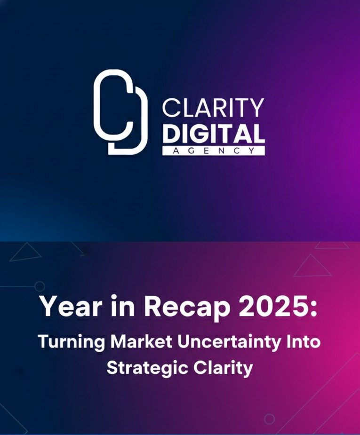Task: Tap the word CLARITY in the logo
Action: pos(213,108)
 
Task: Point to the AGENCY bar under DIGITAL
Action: pos(213,150)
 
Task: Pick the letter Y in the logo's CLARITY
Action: pos(256,108)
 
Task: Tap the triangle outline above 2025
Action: pos(312,267)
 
